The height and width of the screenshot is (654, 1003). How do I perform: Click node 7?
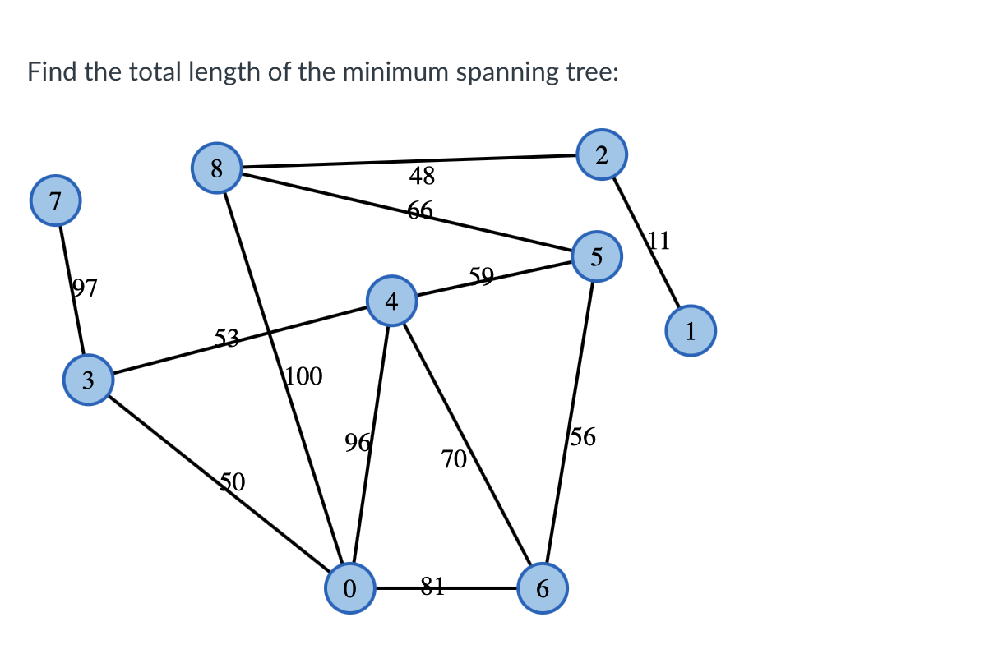tap(55, 200)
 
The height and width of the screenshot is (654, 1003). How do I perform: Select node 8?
tap(216, 168)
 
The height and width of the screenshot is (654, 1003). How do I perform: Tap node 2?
tap(602, 154)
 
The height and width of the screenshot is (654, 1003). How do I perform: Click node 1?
tap(691, 330)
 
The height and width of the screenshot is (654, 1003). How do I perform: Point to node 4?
tap(392, 302)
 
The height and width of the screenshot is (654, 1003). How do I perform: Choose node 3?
tap(88, 380)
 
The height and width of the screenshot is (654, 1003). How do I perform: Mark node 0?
tap(350, 588)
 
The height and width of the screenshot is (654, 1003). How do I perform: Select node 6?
tap(543, 588)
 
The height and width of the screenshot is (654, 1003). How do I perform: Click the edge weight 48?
tap(422, 175)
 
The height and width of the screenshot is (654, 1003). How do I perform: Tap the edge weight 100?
tap(304, 377)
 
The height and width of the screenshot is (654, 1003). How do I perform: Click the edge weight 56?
tap(583, 437)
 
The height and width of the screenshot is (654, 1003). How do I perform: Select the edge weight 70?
tap(454, 459)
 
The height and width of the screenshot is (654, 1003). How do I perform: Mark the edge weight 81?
tap(432, 586)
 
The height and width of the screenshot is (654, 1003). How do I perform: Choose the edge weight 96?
tap(358, 444)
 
